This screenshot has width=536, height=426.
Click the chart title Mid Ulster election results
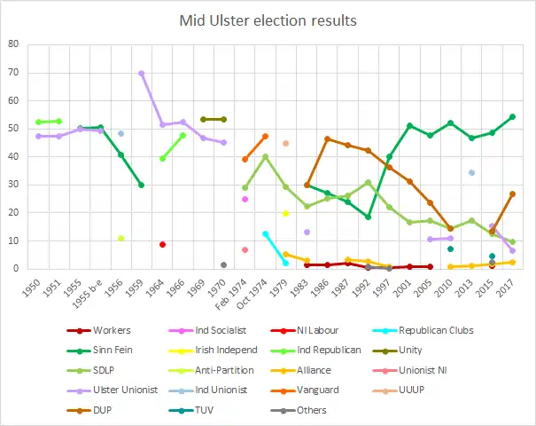tap(268, 20)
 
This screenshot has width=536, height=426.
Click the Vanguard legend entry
tap(329, 390)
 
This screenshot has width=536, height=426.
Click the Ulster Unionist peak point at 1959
tap(142, 73)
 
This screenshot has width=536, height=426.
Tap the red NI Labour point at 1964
tap(162, 244)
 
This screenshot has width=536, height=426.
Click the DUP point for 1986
tap(327, 138)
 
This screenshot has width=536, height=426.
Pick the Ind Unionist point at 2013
tap(471, 172)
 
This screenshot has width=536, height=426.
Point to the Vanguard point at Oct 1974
tap(265, 137)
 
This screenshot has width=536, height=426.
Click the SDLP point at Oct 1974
tap(265, 157)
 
